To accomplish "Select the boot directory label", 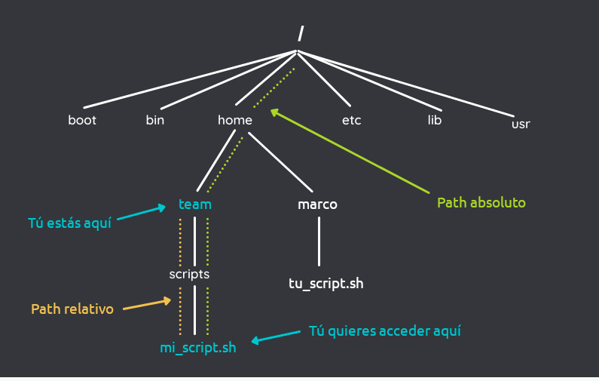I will pos(82,120).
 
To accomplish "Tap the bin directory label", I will pos(155,120).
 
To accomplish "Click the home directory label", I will pos(235,120).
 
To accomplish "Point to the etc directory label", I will pos(351,120).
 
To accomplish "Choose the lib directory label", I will pos(434,120).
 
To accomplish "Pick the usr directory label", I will pos(521,124).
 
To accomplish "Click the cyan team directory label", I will pos(195,204).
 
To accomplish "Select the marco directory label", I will pos(317,204).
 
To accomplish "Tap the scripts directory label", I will pos(189,274).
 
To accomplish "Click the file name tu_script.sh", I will pos(326,284).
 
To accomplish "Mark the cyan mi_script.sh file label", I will pos(197,349).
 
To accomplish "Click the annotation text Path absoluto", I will pos(481,203).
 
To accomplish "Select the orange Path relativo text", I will pos(72,309).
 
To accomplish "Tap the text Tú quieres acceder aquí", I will pos(384,331).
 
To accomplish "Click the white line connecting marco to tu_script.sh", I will pos(319,241).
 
